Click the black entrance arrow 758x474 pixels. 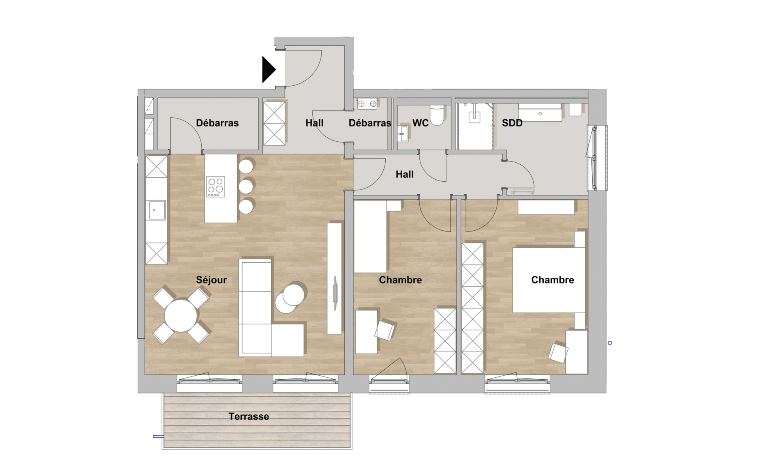(x=268, y=70)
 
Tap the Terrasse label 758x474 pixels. (x=249, y=416)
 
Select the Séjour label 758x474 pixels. (x=211, y=280)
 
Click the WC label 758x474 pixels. (x=420, y=123)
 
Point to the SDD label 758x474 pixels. (x=512, y=123)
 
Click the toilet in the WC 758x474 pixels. (x=437, y=115)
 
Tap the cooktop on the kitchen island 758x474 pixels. (x=216, y=186)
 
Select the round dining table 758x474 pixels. (x=181, y=316)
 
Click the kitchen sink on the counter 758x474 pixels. (x=157, y=210)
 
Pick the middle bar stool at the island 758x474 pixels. (x=246, y=186)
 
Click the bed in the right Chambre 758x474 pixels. (x=549, y=280)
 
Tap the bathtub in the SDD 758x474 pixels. (x=540, y=113)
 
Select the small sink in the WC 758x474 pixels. (x=403, y=134)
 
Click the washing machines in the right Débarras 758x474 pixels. (x=367, y=104)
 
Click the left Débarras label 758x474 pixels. (x=217, y=123)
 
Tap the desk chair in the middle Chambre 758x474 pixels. (x=385, y=330)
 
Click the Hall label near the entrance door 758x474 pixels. (x=314, y=123)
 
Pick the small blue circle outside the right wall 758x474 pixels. (x=610, y=343)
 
